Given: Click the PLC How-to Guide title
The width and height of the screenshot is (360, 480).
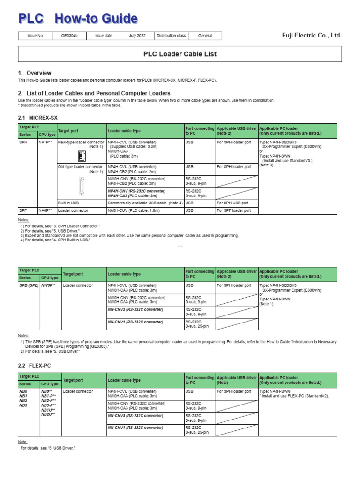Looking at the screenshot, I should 78,18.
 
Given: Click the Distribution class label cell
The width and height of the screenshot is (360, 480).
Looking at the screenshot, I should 171,36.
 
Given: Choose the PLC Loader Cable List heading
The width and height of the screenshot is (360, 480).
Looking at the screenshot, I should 180,54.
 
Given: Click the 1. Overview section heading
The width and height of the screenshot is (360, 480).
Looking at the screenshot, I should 35,73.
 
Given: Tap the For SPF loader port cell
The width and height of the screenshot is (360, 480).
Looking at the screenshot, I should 234,211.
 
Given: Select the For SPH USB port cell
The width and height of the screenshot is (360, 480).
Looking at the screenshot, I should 234,203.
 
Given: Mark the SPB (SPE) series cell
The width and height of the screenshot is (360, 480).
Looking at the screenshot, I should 29,285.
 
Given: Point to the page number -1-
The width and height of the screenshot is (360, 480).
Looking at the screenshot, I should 180,247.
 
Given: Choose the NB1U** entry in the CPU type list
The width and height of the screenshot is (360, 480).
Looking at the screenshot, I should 48,410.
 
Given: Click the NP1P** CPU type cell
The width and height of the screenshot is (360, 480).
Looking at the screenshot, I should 46,142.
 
